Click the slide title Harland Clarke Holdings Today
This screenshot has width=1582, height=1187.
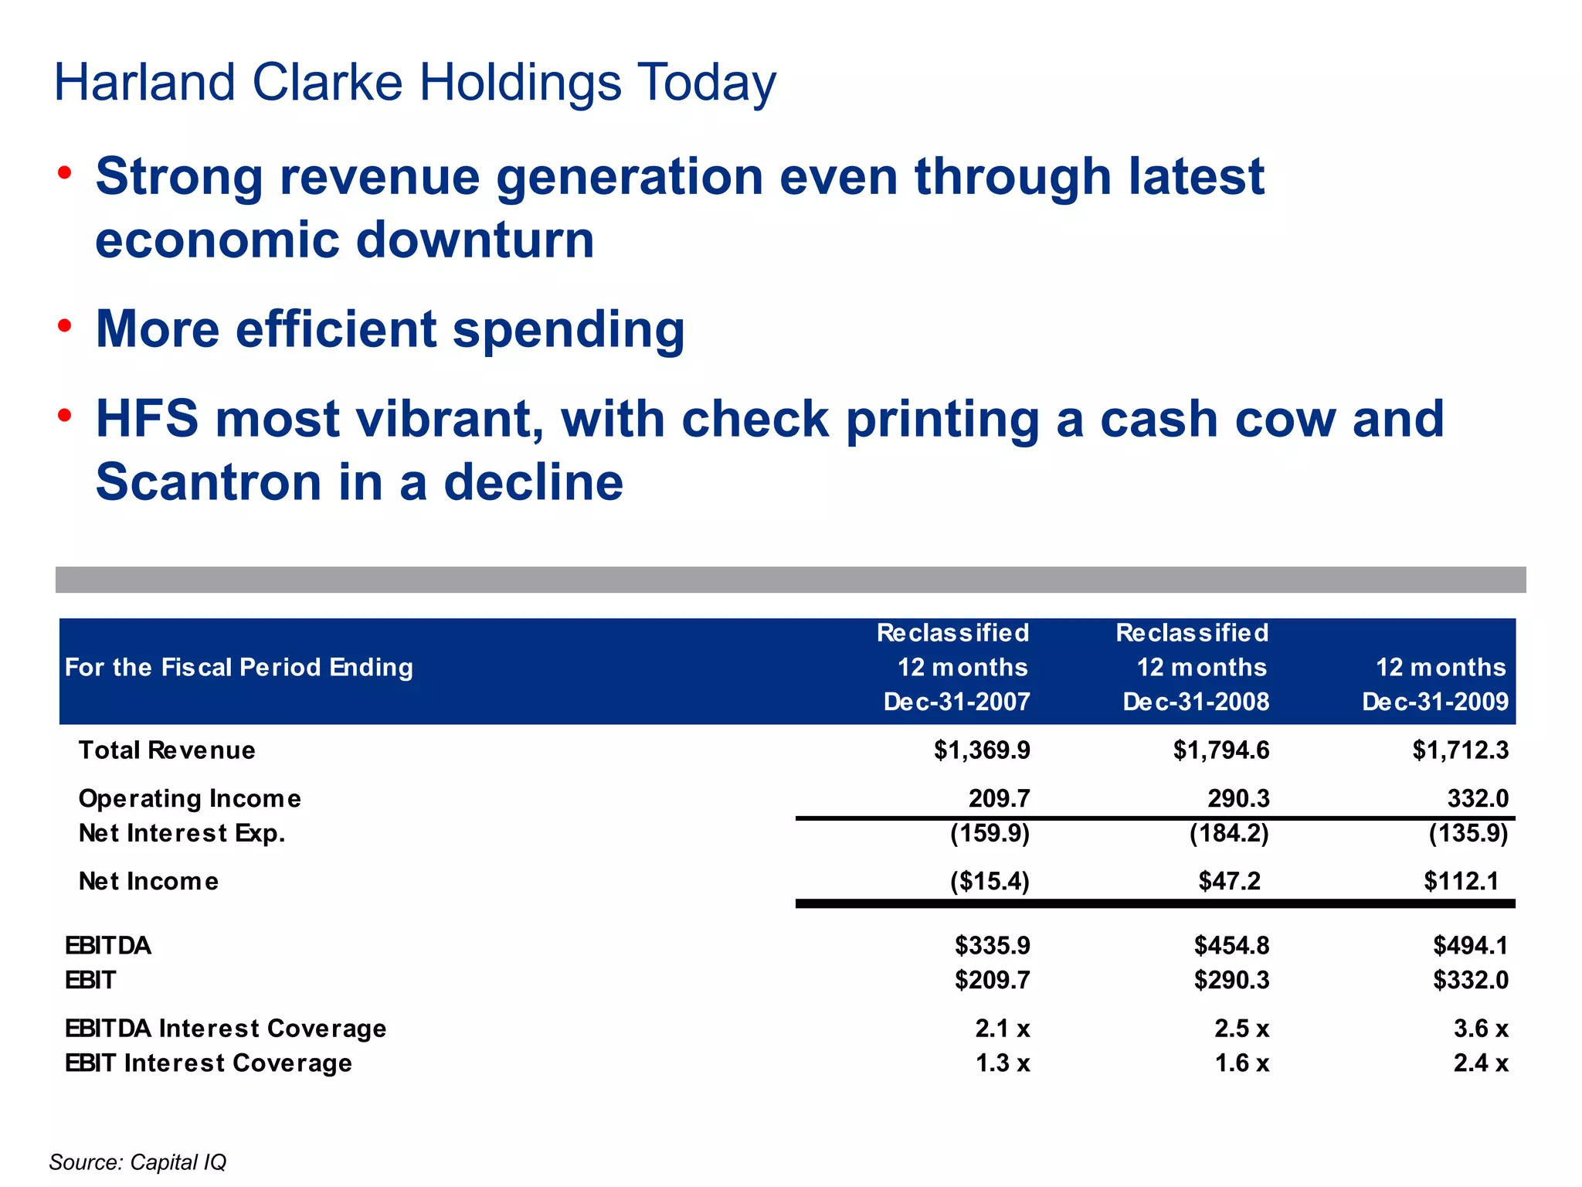pyautogui.click(x=415, y=83)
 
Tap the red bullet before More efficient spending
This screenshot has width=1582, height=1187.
pyautogui.click(x=65, y=326)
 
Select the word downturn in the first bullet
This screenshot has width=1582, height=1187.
pyautogui.click(x=475, y=240)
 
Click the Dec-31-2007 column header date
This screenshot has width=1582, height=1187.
pyautogui.click(x=956, y=702)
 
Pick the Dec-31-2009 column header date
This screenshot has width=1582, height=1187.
pyautogui.click(x=1434, y=702)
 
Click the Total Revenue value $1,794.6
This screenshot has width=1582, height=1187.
pyautogui.click(x=1220, y=750)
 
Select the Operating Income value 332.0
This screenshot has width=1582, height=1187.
pyautogui.click(x=1477, y=798)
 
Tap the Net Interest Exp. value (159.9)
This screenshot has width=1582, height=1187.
pyautogui.click(x=990, y=834)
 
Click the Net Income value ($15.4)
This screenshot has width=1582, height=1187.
pyautogui.click(x=990, y=882)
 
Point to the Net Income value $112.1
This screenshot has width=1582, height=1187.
pyautogui.click(x=1461, y=882)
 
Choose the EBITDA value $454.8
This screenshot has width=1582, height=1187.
pyautogui.click(x=1231, y=946)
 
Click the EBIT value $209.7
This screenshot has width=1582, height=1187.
pyautogui.click(x=992, y=981)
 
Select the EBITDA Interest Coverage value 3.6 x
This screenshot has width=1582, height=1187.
pyautogui.click(x=1480, y=1029)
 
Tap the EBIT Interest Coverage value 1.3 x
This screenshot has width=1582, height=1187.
pyautogui.click(x=1002, y=1064)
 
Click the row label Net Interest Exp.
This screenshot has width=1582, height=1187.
pyautogui.click(x=182, y=834)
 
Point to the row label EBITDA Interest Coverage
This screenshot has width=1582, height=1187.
pyautogui.click(x=226, y=1029)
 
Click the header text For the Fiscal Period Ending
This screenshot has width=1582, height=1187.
pyautogui.click(x=239, y=668)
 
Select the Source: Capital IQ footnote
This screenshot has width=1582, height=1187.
pyautogui.click(x=137, y=1162)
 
